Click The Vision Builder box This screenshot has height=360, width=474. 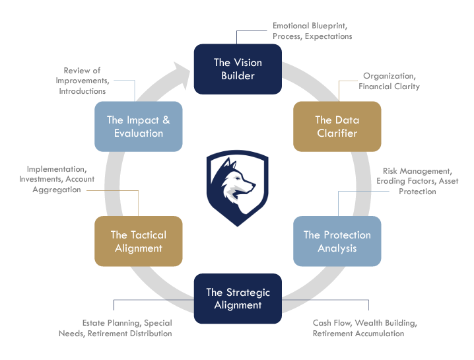tap(238, 69)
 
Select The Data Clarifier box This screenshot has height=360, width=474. tap(337, 126)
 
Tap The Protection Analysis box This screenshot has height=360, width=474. tap(337, 241)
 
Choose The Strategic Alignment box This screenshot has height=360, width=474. tap(238, 299)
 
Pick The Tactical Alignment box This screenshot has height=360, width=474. tap(139, 241)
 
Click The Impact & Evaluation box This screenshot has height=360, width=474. tap(139, 126)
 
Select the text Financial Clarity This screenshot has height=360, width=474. tap(389, 87)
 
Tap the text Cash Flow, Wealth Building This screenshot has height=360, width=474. tap(364, 323)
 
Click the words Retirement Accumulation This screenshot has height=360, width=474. tap(358, 334)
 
